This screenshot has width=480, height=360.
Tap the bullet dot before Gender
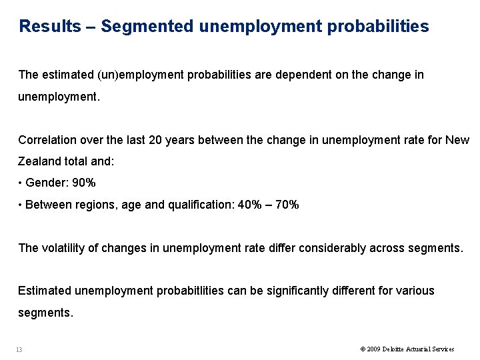(x=21, y=183)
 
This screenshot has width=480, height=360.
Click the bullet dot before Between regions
(x=21, y=205)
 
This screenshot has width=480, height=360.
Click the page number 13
(x=19, y=349)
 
